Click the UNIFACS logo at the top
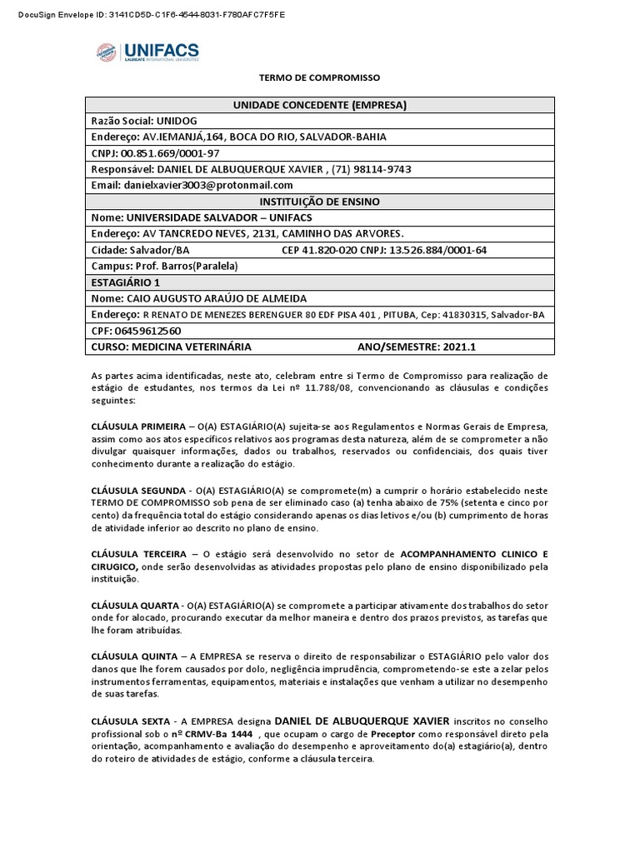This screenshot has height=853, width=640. click(147, 53)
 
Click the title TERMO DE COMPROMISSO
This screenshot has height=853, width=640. click(319, 77)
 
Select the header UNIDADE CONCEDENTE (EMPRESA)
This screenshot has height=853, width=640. click(319, 105)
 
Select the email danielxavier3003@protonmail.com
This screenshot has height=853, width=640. click(208, 185)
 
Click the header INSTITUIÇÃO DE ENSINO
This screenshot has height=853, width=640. click(319, 202)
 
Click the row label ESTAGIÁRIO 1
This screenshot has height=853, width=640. click(124, 282)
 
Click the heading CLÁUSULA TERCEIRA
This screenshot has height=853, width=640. click(137, 553)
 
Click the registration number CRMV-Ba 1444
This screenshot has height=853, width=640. click(215, 734)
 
